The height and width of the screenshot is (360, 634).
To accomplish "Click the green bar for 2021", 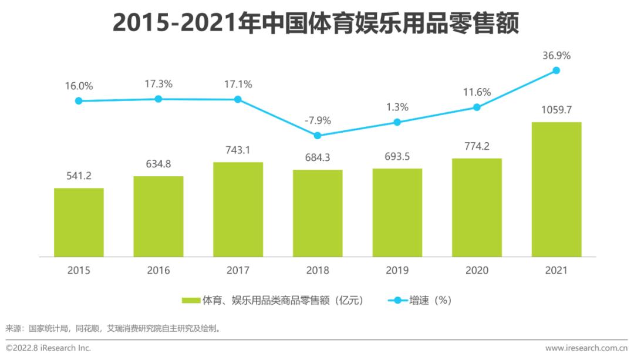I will [556, 189].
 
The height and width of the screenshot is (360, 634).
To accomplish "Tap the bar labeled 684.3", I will [318, 213].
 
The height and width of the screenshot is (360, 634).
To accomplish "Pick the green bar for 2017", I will [238, 209].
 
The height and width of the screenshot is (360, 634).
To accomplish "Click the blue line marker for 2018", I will [318, 135].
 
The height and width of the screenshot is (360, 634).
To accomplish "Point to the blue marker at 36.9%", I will [556, 70].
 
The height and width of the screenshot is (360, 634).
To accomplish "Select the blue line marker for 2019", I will [397, 122].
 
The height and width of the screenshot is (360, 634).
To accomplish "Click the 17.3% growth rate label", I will [158, 84].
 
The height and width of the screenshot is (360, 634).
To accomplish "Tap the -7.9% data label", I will [318, 120].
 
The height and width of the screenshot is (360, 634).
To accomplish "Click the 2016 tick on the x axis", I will [158, 271].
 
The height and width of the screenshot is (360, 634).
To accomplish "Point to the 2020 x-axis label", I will [477, 271].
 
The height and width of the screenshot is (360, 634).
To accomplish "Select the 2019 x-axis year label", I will [397, 271].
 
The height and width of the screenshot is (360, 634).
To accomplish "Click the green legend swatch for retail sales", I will [191, 300].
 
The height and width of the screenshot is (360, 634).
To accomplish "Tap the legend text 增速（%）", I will [430, 300].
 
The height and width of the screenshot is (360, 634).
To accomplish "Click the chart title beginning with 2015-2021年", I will [317, 25].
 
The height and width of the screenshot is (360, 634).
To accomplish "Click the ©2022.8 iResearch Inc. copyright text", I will [48, 348].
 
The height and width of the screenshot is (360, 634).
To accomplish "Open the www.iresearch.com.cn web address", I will [586, 348].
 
